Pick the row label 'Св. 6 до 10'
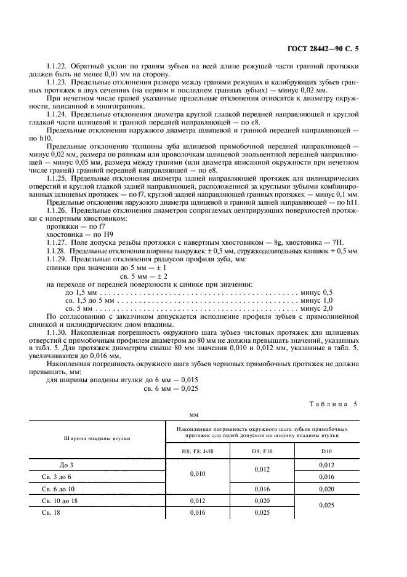coord(61,489)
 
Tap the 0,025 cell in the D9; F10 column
coord(262,512)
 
